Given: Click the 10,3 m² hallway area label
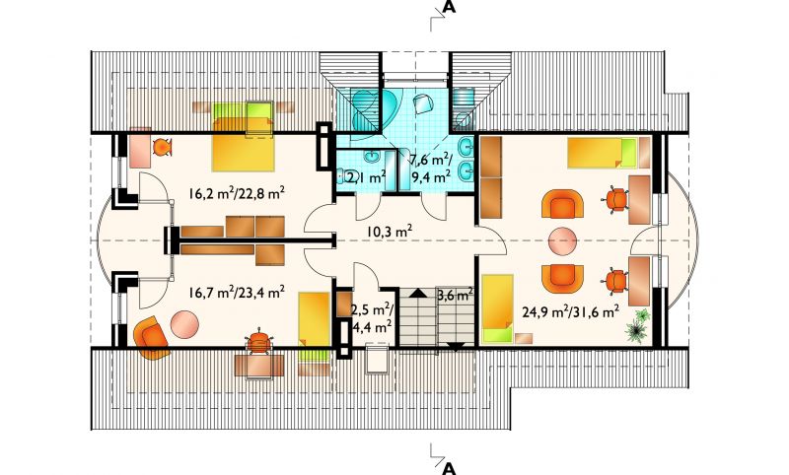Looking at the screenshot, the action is (x=390, y=232).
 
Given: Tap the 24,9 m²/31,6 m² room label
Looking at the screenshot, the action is (x=570, y=312).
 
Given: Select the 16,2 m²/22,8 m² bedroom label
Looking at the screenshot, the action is (x=238, y=193).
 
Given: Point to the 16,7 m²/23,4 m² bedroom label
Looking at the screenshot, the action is (x=238, y=292).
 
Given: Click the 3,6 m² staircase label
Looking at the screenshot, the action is (x=455, y=294).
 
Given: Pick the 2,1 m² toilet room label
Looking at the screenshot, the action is (x=366, y=177).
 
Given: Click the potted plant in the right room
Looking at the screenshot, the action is (x=637, y=325).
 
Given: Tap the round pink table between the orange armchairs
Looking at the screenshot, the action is (x=562, y=241).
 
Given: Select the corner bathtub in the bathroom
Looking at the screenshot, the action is (x=375, y=110).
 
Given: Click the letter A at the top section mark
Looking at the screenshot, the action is (x=449, y=7).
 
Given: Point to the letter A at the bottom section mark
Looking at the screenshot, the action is (x=449, y=468).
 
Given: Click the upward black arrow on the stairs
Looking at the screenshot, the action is (x=416, y=293).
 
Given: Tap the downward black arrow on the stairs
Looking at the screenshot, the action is (x=457, y=346).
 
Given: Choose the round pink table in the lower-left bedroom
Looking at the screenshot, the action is (x=184, y=324).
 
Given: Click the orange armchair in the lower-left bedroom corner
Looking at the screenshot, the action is (x=151, y=338).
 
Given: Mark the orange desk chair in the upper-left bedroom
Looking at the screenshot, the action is (x=162, y=147).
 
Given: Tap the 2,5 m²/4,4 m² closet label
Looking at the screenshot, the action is (x=372, y=317).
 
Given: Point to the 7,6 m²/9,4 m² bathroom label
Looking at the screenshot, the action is (x=431, y=169).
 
